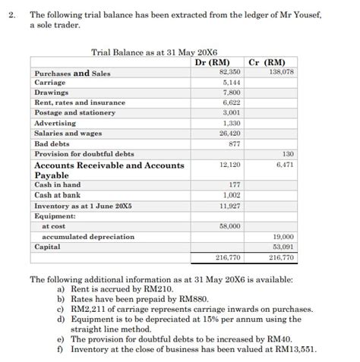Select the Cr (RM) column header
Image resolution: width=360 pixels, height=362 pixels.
(x=267, y=62)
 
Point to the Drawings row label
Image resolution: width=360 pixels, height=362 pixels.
(x=50, y=92)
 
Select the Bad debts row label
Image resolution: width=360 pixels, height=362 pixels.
(x=52, y=143)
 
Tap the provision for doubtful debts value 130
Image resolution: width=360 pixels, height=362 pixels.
(x=287, y=153)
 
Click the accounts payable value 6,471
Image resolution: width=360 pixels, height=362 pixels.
(x=284, y=165)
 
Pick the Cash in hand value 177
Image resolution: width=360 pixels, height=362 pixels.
(x=234, y=185)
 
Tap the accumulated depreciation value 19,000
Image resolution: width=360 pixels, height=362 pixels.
(x=282, y=237)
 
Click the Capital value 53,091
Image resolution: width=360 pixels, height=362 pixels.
(x=282, y=247)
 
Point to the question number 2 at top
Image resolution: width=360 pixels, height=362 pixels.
(x=11, y=14)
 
